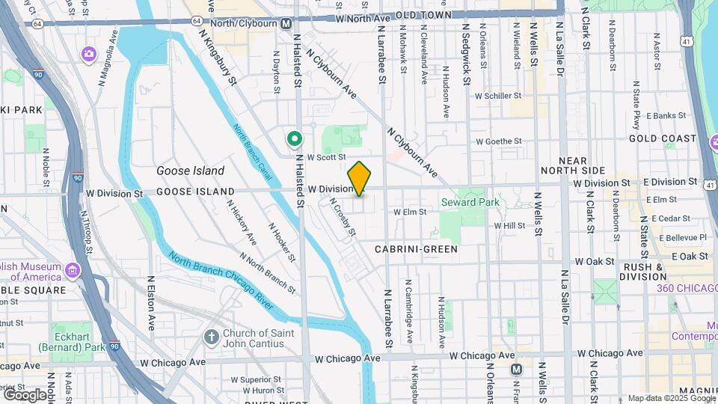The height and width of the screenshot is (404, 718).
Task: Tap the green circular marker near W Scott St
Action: point(295,138)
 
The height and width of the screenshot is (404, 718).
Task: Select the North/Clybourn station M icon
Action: point(286,23)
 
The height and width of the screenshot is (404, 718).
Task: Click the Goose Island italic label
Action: point(190,171)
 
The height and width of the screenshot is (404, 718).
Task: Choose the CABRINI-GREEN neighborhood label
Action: point(416,249)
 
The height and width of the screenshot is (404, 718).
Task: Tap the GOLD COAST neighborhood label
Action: point(663,138)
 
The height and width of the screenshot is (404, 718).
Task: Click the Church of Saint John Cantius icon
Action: point(212,337)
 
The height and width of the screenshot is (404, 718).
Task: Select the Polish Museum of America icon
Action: point(73,269)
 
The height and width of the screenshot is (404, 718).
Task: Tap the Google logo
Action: point(25,394)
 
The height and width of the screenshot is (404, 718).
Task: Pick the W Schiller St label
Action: point(498,96)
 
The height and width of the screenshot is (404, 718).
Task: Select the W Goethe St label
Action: point(498,141)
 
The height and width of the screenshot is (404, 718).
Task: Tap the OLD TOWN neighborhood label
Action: point(423,15)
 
